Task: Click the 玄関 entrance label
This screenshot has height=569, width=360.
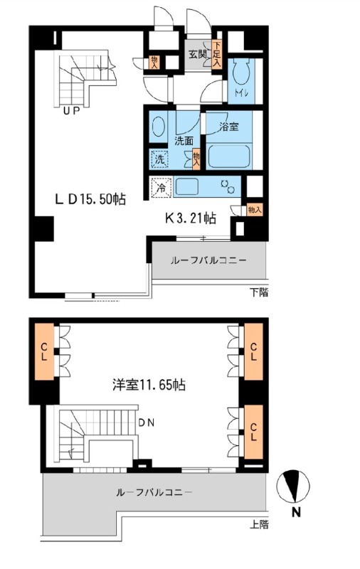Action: (197, 55)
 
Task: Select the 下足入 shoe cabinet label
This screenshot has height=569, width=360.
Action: (217, 55)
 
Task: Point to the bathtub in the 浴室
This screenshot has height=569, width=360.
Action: (229, 156)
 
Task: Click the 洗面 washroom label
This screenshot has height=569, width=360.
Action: (184, 141)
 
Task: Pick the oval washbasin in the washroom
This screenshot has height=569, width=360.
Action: (158, 127)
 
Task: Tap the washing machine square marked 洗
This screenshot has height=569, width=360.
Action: (159, 159)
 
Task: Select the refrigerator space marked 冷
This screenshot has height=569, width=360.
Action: (160, 188)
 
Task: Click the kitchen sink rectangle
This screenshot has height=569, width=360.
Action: (186, 186)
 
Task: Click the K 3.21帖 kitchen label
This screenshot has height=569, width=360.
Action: (191, 218)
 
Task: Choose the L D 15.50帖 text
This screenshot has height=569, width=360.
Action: (90, 199)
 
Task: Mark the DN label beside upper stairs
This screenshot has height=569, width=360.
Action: (147, 422)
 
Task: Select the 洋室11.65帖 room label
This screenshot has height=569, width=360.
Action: (149, 385)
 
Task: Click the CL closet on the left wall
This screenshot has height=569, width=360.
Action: (44, 351)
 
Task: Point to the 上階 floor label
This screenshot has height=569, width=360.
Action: (259, 525)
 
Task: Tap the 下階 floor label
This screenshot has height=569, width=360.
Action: (259, 292)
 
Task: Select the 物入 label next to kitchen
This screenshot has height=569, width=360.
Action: (254, 209)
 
